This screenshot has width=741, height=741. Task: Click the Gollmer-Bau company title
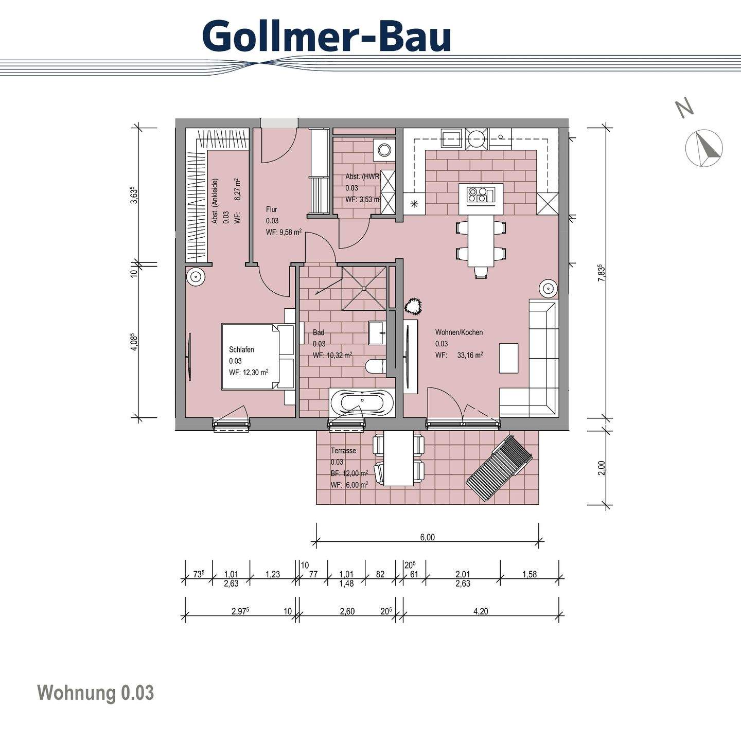327,36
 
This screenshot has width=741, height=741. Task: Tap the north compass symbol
704,148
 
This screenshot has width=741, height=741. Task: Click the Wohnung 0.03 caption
96,693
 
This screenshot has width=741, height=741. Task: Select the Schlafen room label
241,350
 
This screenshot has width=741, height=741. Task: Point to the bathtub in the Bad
362,402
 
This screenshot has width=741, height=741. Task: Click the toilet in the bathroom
374,366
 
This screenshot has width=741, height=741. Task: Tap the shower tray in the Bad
364,288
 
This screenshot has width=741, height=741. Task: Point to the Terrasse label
343,451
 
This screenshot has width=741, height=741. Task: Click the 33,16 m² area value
470,355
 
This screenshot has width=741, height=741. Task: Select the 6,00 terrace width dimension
427,537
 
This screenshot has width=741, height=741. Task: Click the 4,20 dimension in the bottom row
481,611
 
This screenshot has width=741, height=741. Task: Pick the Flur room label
272,209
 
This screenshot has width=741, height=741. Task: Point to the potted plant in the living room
413,307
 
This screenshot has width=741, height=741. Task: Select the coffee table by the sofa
509,358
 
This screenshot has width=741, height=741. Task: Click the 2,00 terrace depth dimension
602,467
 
